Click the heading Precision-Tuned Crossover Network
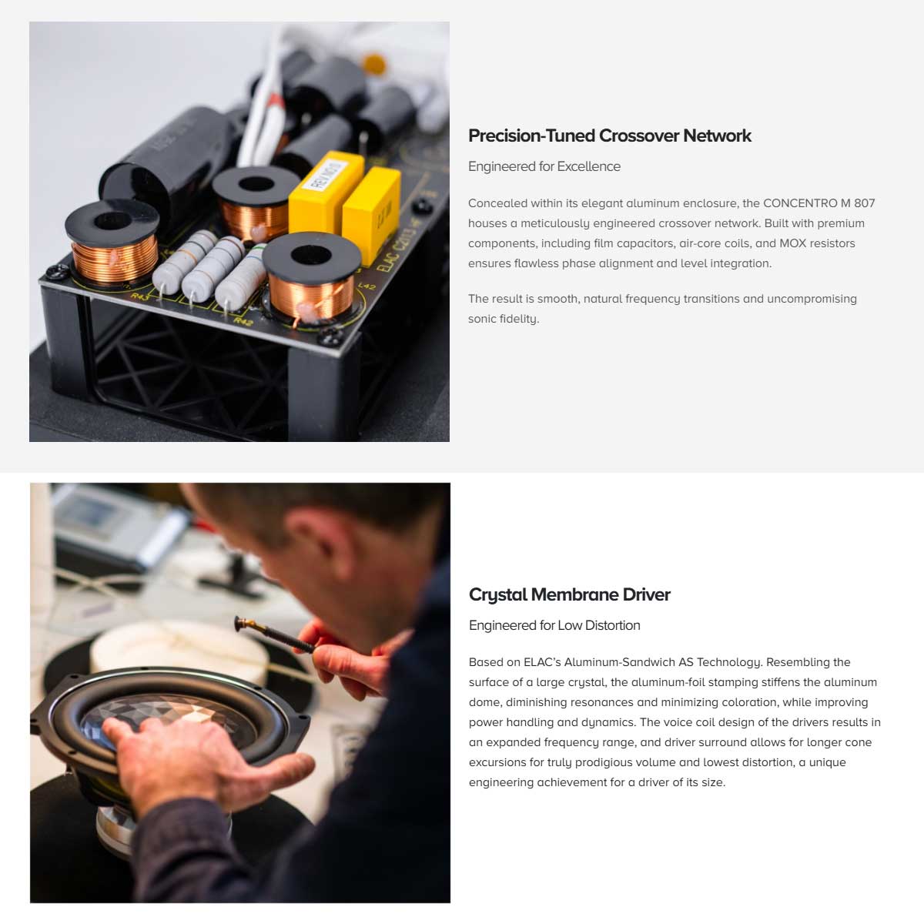coord(609,136)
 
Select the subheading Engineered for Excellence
coord(544,166)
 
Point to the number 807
coord(865,203)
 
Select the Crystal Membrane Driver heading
coord(569,594)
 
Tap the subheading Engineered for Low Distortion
coord(554,625)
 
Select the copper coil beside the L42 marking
coord(311,278)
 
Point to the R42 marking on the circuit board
coord(243,321)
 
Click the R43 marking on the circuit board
coord(140,296)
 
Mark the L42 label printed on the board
coord(367,286)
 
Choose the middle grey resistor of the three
coord(213,270)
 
